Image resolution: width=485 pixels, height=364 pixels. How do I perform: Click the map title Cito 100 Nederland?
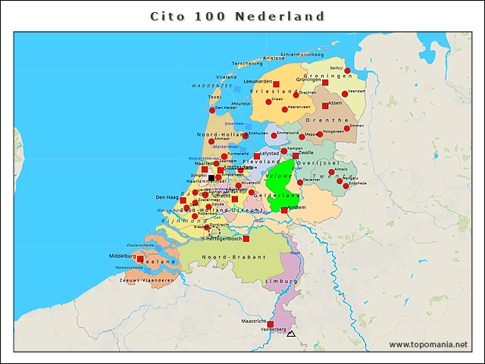tap(237, 16)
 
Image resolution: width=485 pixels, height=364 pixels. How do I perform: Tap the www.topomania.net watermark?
tap(428, 345)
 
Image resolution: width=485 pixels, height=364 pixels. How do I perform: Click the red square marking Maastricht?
tap(271, 324)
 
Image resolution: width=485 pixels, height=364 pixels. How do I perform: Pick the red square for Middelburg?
tap(139, 259)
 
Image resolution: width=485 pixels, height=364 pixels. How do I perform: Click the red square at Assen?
tap(325, 106)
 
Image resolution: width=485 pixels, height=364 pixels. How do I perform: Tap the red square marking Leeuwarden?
tap(276, 83)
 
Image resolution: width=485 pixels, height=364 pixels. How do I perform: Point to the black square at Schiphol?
tap(211, 177)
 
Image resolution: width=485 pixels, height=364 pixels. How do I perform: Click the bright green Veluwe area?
tap(279, 179)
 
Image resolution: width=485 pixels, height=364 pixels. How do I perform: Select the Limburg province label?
tap(277, 281)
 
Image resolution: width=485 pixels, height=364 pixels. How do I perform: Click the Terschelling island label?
tap(247, 63)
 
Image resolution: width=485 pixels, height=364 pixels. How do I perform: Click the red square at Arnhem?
tap(284, 210)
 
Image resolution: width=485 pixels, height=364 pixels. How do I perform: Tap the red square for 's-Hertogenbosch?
tap(246, 239)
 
